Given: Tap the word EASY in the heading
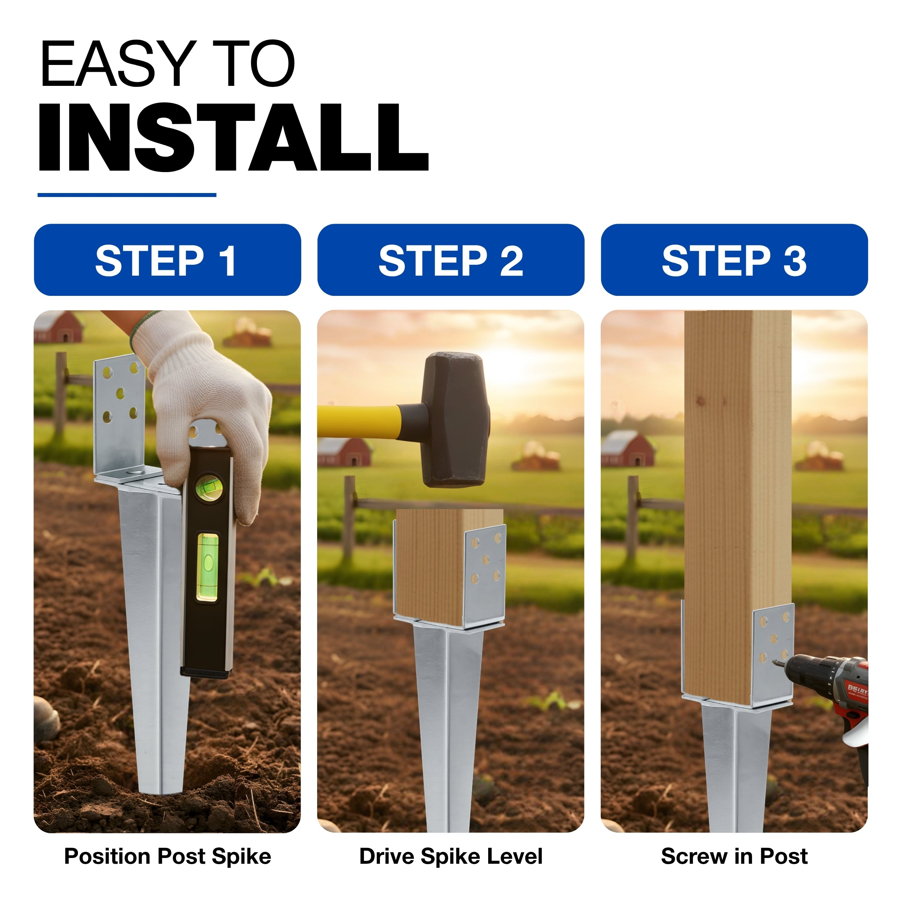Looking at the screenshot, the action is pyautogui.click(x=119, y=64).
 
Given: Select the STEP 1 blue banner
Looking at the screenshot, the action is pyautogui.click(x=167, y=259).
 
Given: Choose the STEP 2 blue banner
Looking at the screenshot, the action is pyautogui.click(x=451, y=259).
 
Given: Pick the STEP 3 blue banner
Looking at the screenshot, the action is pyautogui.click(x=734, y=259).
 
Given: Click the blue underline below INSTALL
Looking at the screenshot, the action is pyautogui.click(x=127, y=195).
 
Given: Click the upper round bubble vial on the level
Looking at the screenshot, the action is pyautogui.click(x=209, y=487).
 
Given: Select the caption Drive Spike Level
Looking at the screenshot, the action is pyautogui.click(x=451, y=856).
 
